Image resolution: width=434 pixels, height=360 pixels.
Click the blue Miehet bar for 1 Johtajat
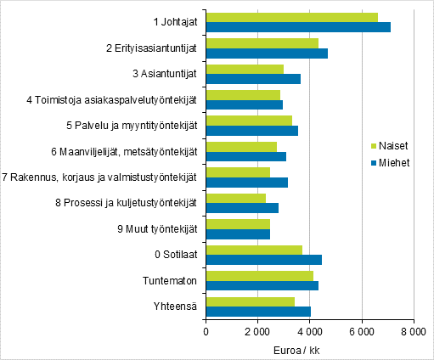[297, 27]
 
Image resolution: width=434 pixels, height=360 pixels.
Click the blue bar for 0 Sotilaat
[263, 260]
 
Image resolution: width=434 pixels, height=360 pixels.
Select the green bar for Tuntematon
[259, 275]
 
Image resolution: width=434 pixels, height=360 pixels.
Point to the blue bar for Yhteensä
[258, 312]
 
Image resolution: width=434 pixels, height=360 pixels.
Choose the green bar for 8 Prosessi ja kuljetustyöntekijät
[235, 198]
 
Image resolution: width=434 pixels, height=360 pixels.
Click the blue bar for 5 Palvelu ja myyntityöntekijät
[251, 131]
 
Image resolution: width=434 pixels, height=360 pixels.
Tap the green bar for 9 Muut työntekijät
[238, 224]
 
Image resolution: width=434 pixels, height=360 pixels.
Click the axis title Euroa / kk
[309, 350]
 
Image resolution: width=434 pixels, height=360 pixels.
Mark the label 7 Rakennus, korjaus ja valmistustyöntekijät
[100, 177]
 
